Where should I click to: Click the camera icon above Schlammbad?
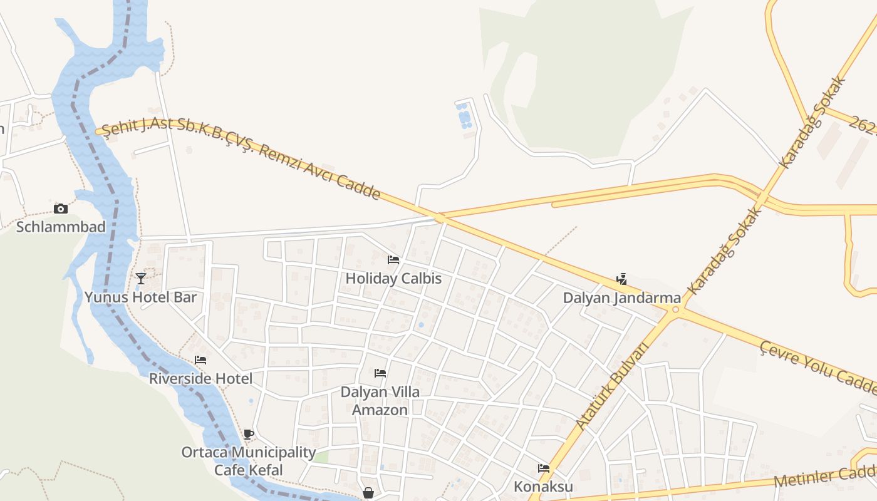[x=61, y=209]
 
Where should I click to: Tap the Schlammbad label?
[x=61, y=227]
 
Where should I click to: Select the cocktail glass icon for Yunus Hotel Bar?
[x=141, y=279]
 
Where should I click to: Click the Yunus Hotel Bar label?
[x=140, y=297]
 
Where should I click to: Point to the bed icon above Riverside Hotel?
[x=200, y=360]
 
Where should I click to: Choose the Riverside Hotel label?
[x=200, y=379]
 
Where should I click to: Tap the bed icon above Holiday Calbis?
[x=393, y=259]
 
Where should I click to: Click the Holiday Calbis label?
[x=393, y=279]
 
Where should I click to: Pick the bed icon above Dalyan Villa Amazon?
[x=380, y=373]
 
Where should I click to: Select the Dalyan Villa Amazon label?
[x=380, y=401]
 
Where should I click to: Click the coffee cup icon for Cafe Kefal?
[x=249, y=434]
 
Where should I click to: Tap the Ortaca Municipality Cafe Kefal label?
[x=249, y=461]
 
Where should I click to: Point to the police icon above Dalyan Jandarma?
[x=621, y=279]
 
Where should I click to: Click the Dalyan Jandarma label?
[x=621, y=298]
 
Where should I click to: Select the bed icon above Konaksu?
[x=544, y=468]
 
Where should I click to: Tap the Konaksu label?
[x=543, y=487]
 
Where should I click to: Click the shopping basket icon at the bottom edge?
[x=368, y=493]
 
